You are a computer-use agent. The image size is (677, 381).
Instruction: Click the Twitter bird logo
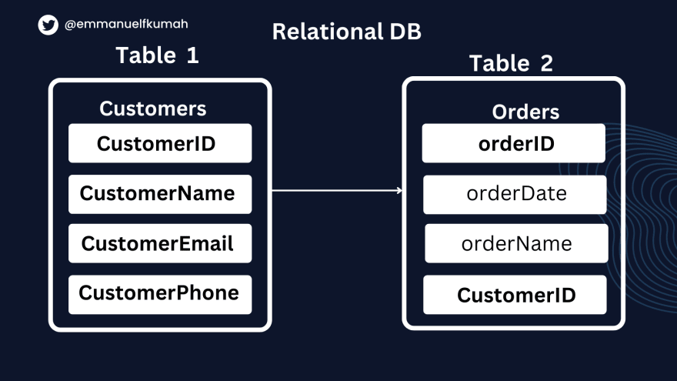[x=48, y=25]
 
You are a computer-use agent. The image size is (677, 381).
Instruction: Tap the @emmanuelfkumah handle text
[x=126, y=24]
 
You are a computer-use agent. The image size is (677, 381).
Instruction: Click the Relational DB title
[x=346, y=32]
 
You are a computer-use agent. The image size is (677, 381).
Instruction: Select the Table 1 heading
[x=157, y=55]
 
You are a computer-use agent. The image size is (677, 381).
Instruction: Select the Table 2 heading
[x=511, y=63]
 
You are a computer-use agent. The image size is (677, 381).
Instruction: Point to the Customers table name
[x=153, y=109]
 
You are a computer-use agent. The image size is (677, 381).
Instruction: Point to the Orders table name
[x=525, y=112]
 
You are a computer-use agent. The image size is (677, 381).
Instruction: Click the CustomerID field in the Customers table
[x=160, y=143]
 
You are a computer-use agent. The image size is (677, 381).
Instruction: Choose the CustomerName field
[x=160, y=194]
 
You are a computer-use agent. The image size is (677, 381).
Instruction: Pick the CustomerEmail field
[x=160, y=243]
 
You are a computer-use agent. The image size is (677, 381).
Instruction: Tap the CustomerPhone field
[x=160, y=295]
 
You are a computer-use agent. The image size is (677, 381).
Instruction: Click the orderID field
[x=513, y=143]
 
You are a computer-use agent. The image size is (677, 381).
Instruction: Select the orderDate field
[x=515, y=195]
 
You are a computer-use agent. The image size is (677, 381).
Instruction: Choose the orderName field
[x=516, y=243]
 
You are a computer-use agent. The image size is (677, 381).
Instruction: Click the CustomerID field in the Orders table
[x=515, y=295]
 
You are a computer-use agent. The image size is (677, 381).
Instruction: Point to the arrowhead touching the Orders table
[x=400, y=190]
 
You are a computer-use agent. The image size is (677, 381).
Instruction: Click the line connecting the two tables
[x=337, y=190]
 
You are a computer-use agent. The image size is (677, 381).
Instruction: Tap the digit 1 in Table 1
[x=192, y=55]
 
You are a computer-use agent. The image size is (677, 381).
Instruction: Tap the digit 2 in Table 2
[x=547, y=63]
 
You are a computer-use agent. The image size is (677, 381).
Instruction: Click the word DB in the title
[x=405, y=32]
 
